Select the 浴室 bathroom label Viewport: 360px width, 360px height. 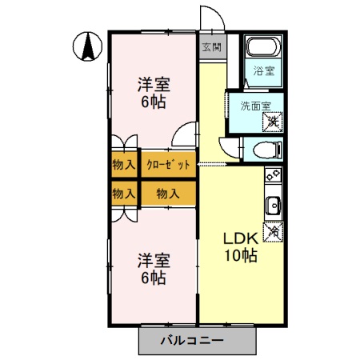point(263,70)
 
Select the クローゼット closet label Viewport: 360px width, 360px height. point(168,166)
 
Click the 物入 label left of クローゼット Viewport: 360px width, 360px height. point(123,166)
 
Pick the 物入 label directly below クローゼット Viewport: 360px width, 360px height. point(167,194)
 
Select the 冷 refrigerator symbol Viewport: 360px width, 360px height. point(274,230)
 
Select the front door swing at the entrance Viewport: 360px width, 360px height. point(210,20)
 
